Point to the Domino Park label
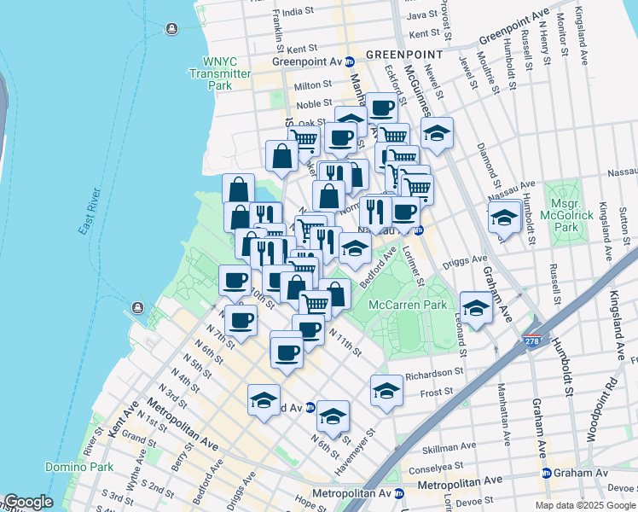(79, 467)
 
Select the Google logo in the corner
(28, 502)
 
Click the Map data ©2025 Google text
(585, 505)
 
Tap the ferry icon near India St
(172, 30)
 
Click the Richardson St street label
(434, 372)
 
